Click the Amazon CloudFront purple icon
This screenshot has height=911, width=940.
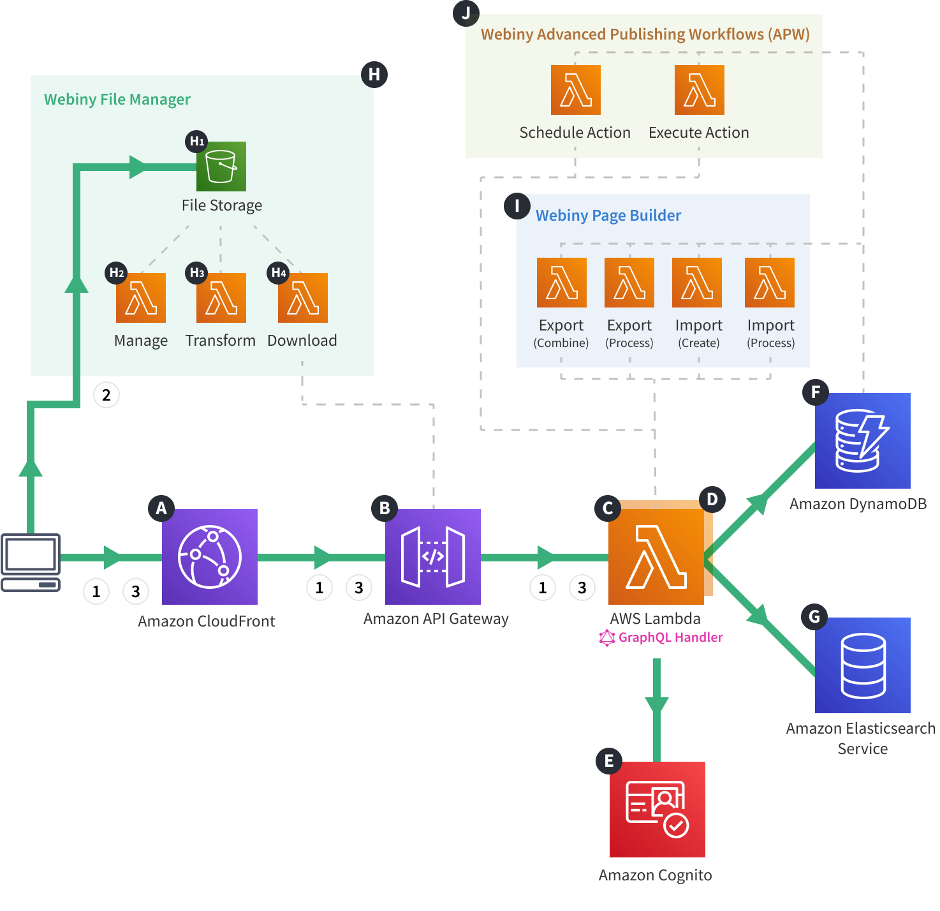(209, 556)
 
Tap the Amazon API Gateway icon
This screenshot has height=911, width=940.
(432, 556)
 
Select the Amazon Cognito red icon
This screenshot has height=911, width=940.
(657, 809)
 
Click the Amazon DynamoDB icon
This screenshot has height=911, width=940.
(862, 440)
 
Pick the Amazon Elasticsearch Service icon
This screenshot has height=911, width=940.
(862, 665)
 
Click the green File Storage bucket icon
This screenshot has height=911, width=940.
(221, 167)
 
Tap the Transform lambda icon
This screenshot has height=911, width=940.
(221, 298)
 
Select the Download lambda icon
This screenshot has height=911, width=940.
(302, 298)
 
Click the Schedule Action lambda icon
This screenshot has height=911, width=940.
(575, 90)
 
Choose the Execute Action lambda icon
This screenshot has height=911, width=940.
(699, 90)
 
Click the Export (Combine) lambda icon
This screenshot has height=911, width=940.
(561, 283)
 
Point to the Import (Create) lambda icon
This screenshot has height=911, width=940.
(696, 283)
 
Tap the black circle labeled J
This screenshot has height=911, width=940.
(466, 13)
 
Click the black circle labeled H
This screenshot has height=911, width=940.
(374, 75)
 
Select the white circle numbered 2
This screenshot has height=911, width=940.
(106, 395)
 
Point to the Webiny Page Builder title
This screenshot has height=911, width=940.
(608, 216)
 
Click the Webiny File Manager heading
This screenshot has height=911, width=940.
(117, 100)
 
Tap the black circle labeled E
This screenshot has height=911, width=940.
(608, 760)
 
